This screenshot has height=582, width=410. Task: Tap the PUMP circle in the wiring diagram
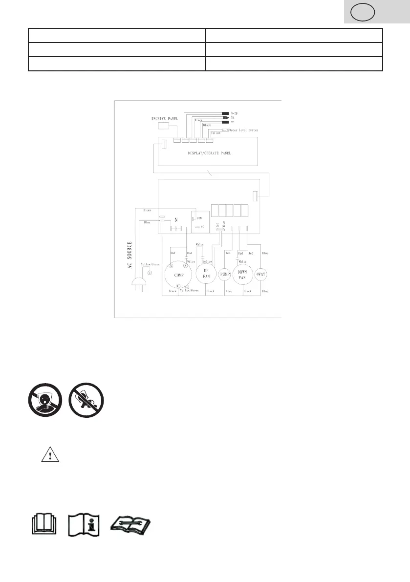(x=225, y=274)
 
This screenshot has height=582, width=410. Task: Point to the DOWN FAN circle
(x=241, y=275)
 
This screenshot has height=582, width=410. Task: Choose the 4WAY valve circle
(x=261, y=274)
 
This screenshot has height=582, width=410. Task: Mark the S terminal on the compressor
(x=186, y=266)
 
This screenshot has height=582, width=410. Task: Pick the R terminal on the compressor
(x=172, y=266)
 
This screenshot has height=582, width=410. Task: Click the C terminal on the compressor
(x=179, y=285)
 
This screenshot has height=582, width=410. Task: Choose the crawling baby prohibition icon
(x=84, y=400)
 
